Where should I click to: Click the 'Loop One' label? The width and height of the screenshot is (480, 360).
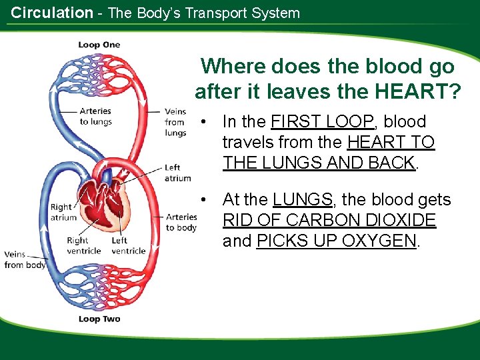(99, 45)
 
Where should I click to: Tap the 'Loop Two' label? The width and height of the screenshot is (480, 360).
(99, 319)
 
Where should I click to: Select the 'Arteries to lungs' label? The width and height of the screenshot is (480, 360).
(95, 116)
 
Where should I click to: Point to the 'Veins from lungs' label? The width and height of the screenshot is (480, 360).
(175, 122)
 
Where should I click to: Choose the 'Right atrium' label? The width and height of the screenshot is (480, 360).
(63, 212)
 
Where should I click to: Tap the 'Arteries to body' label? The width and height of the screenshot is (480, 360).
(181, 222)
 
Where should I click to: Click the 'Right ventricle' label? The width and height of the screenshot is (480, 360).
(83, 245)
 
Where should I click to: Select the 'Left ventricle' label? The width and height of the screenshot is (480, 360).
(128, 245)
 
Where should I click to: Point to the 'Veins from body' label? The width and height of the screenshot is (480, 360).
(25, 259)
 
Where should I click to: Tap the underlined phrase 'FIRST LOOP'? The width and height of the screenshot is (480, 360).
(323, 121)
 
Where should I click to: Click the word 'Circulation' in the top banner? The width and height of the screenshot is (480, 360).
(52, 13)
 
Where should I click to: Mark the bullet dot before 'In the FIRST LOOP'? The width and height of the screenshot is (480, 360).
(209, 122)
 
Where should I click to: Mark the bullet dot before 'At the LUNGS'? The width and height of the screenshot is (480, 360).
(209, 200)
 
